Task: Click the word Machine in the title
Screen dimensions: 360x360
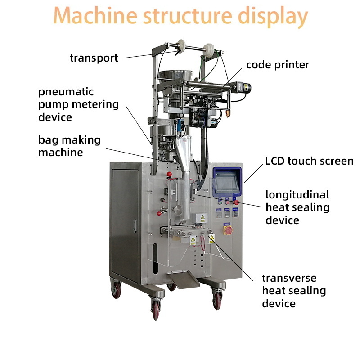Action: pos(95,15)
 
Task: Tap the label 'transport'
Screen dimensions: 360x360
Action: pos(94,58)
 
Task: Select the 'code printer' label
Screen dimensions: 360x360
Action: pos(278,65)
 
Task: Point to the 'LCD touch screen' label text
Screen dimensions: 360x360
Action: pos(309,161)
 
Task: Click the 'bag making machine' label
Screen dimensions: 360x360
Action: pos(70,146)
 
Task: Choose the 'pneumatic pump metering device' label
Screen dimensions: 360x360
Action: pos(78,104)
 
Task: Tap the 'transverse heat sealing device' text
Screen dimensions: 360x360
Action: pos(294,291)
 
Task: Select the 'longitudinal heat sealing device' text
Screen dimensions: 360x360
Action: pos(297,207)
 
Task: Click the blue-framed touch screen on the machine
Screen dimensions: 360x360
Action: pos(227,182)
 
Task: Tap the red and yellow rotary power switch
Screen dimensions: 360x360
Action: pos(228,230)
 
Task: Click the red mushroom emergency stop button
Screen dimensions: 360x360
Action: pos(236,202)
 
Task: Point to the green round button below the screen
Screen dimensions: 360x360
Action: pos(220,203)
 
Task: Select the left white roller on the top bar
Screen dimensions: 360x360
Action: pos(181,46)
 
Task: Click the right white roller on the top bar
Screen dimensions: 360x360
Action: pos(209,49)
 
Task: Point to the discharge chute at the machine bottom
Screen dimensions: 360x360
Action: pos(184,279)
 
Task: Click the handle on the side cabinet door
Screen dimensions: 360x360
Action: pos(135,226)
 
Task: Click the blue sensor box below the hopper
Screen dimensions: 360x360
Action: pos(181,126)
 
